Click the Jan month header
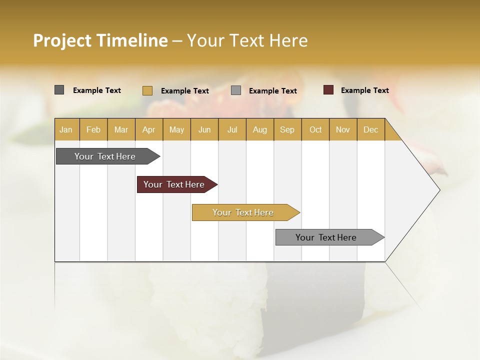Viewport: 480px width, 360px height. click(x=66, y=130)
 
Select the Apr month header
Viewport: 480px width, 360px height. click(x=148, y=130)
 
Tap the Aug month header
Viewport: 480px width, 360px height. click(x=259, y=130)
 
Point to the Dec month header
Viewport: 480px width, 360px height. click(x=370, y=130)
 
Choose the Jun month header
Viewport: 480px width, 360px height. click(x=204, y=130)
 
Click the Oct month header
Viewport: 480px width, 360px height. click(x=315, y=130)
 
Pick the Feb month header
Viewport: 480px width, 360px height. click(x=93, y=130)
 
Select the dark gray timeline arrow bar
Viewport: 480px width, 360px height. click(x=105, y=156)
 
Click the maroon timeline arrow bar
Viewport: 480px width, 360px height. click(x=174, y=184)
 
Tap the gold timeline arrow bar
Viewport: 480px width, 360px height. click(x=243, y=212)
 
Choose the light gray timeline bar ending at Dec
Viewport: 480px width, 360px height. click(x=326, y=237)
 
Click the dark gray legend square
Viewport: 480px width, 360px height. click(x=59, y=90)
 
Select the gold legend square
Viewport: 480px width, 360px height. click(x=147, y=90)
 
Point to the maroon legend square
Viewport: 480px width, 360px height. click(x=328, y=90)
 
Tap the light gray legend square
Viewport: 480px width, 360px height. click(x=236, y=90)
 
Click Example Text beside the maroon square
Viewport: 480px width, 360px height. click(x=364, y=90)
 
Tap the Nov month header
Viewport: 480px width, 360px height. click(x=343, y=130)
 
